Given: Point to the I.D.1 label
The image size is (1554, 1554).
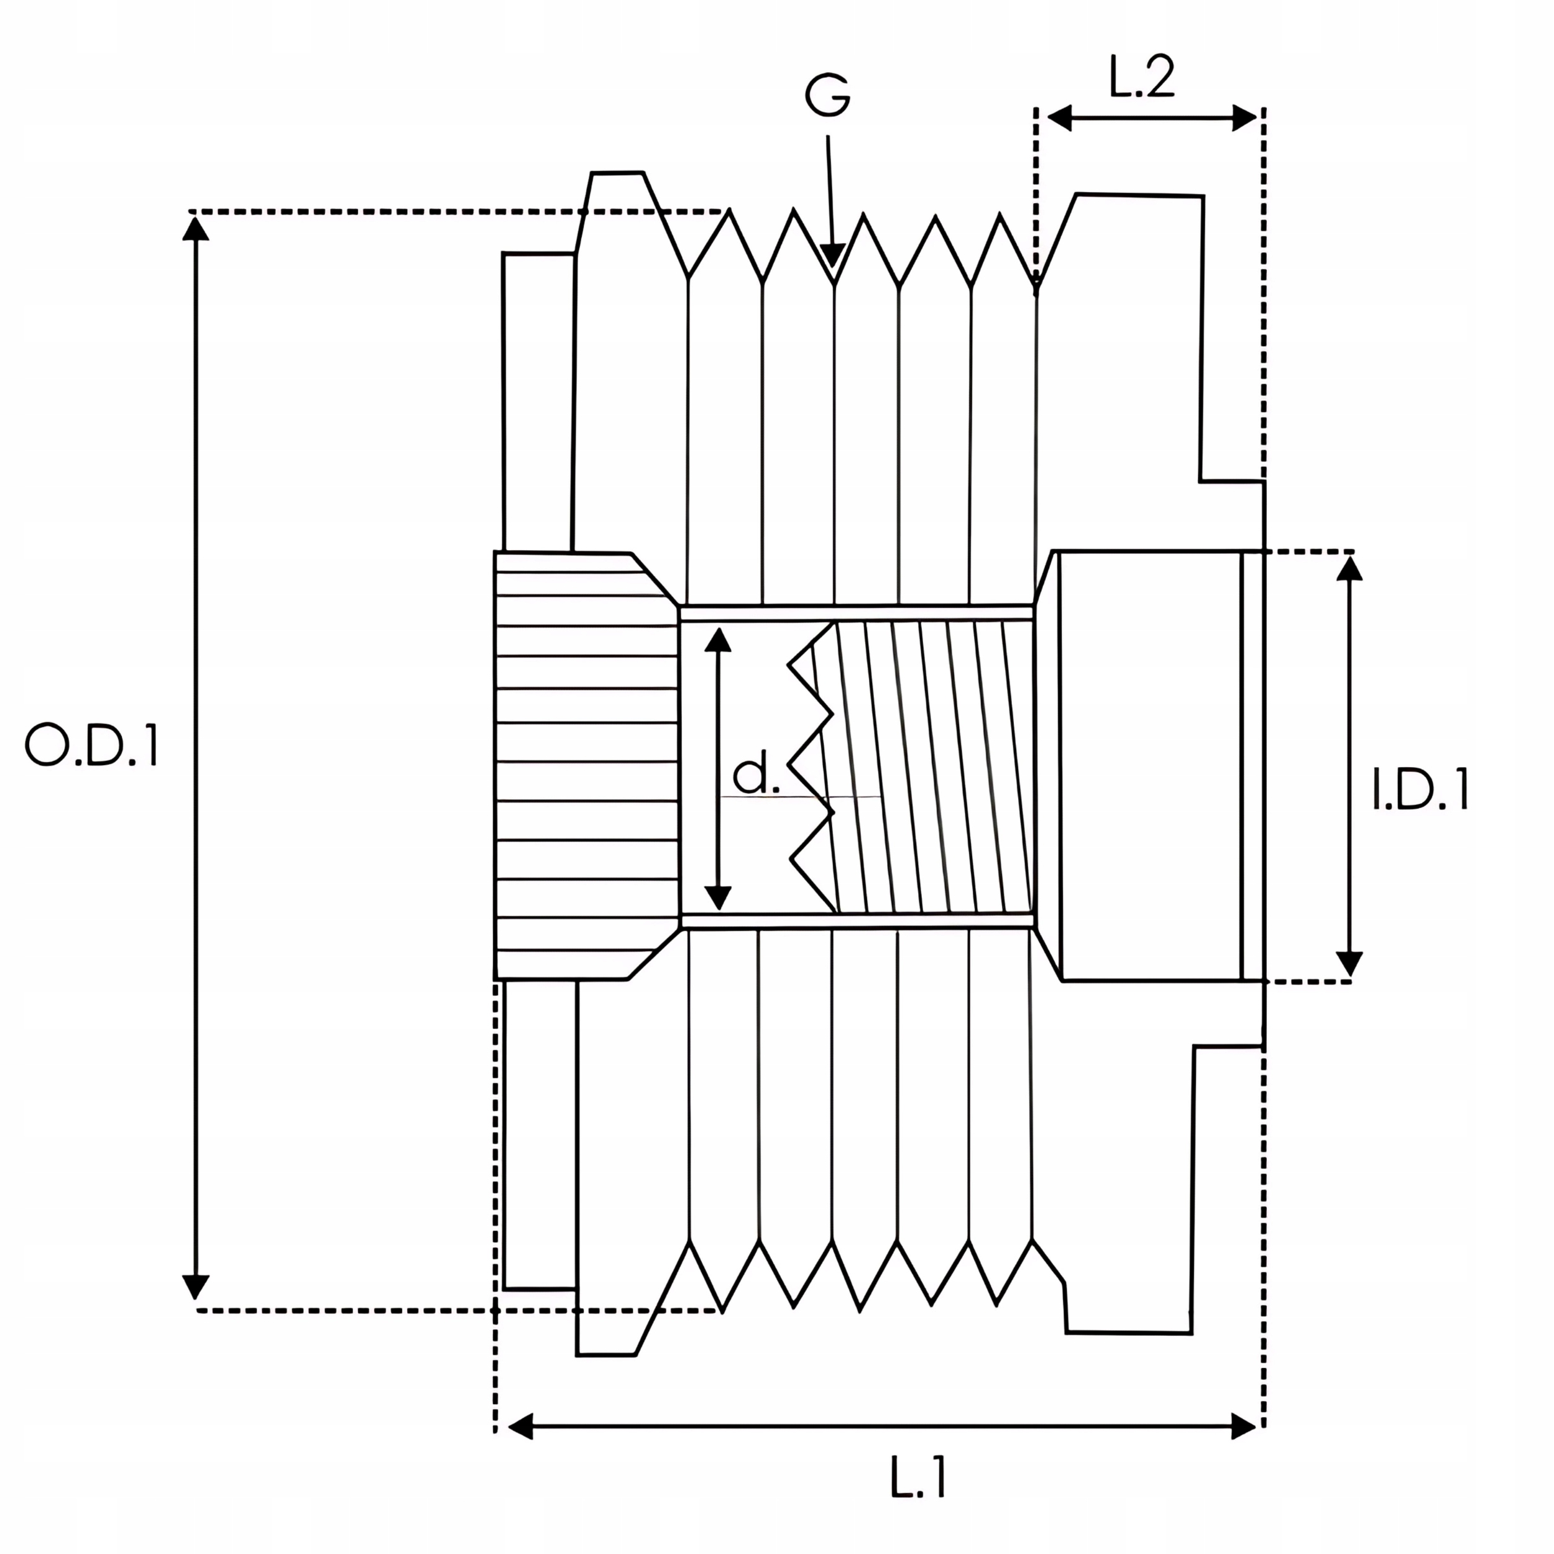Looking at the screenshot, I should [x=1420, y=790].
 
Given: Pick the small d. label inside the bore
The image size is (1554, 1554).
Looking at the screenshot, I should [x=755, y=775].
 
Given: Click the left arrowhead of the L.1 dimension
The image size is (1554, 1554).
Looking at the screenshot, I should [x=520, y=1428].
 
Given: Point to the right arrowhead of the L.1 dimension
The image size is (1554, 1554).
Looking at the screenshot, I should [x=1245, y=1428].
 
